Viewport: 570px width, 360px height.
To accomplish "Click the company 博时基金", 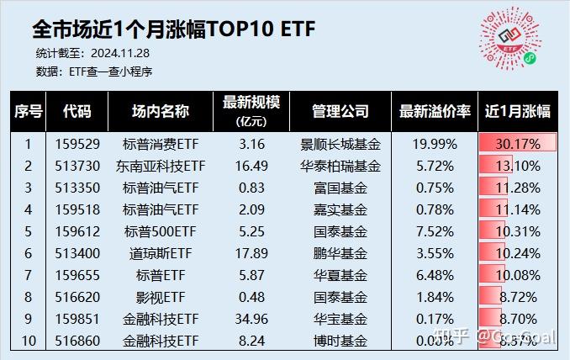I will pyautogui.click(x=340, y=340).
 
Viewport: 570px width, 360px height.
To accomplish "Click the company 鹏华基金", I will pyautogui.click(x=340, y=252).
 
